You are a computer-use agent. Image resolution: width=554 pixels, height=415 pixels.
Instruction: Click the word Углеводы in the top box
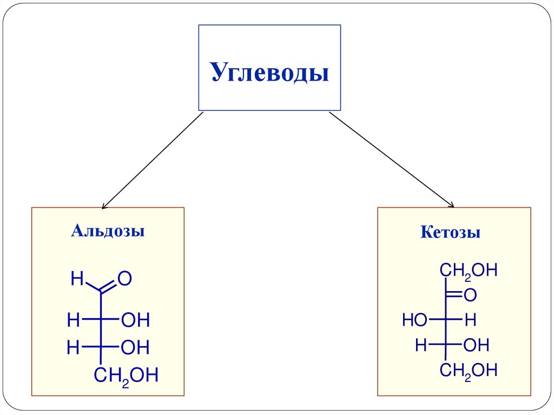[269, 72]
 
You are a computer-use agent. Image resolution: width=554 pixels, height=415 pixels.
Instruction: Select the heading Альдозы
[108, 232]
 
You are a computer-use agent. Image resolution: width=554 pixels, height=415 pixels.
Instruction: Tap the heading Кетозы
[450, 233]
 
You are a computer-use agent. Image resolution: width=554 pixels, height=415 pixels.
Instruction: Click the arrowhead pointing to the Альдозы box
[104, 206]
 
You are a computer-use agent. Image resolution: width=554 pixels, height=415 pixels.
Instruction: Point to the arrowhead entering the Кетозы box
[451, 205]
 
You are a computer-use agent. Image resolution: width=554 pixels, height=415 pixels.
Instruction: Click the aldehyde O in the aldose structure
[125, 279]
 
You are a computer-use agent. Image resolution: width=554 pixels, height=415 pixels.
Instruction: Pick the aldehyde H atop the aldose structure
[77, 279]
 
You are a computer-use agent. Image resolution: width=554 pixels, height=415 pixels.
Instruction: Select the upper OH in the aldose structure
[135, 320]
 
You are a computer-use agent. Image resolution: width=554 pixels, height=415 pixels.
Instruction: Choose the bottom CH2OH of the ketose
[467, 371]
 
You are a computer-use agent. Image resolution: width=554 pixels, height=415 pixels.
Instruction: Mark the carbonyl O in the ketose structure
[470, 295]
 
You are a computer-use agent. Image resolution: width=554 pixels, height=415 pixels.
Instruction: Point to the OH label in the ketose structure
[476, 345]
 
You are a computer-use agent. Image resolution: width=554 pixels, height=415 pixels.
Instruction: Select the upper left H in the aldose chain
[73, 320]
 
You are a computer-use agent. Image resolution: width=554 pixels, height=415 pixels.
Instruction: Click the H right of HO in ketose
[470, 320]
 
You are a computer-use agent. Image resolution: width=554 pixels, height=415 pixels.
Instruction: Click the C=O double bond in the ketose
[454, 295]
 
